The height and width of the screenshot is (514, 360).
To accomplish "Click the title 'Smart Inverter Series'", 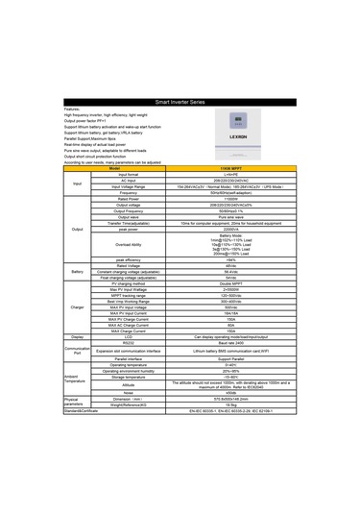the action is (x=180, y=100).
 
